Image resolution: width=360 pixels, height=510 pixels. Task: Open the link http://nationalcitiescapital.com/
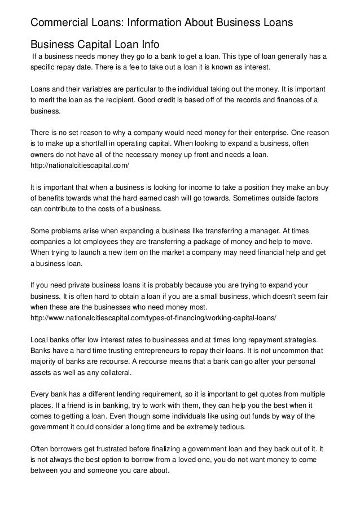pos(78,167)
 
